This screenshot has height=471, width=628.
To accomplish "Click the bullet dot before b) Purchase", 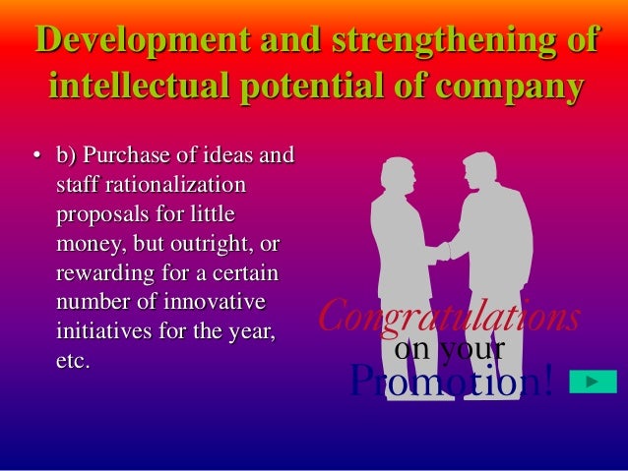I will (x=35, y=157).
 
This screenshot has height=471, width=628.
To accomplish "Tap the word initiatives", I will (x=97, y=324).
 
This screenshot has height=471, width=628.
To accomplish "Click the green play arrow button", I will (x=593, y=382).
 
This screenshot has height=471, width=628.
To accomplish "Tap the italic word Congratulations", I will (x=449, y=318).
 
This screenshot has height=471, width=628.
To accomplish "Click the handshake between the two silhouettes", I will (x=441, y=250).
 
